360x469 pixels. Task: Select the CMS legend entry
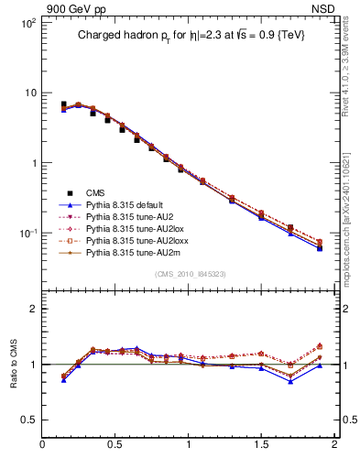point(95,192)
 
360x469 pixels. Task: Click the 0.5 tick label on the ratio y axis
point(27,420)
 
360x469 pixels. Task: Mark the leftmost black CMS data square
point(63,105)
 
